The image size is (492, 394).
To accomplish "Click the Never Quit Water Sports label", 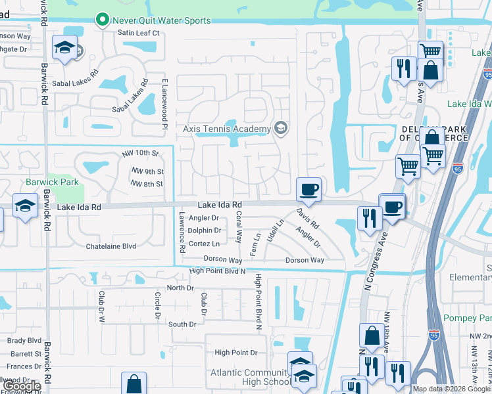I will [162, 20].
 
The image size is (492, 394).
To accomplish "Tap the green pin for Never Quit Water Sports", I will [102, 21].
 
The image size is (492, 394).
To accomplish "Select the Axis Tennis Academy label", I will [227, 129].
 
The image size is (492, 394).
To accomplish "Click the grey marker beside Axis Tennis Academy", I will [282, 128].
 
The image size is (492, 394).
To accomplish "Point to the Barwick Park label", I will [52, 182].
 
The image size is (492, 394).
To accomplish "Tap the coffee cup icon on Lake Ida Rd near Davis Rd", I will [308, 190].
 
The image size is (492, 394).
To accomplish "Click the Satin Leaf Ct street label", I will [139, 32].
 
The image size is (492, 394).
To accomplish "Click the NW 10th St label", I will [141, 154].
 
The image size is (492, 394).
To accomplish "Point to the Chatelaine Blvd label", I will [111, 246].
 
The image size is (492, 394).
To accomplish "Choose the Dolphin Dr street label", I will [204, 230].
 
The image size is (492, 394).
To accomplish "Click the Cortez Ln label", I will [204, 243].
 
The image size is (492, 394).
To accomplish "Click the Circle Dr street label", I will [157, 306].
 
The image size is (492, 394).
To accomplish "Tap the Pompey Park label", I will [468, 318].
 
